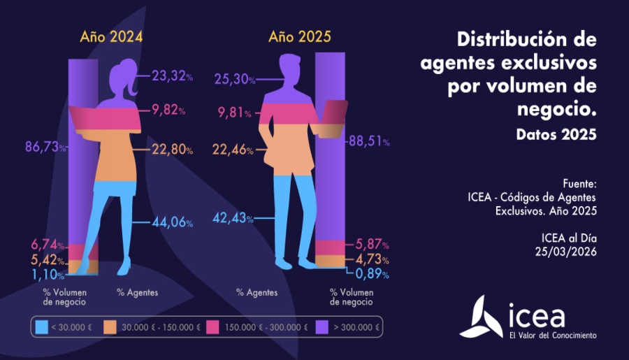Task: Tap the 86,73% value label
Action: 44,148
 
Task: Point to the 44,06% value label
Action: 173,223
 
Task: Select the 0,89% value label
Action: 370,273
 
